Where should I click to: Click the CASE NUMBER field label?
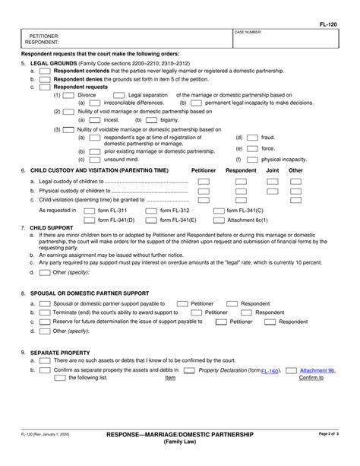(x=248, y=33)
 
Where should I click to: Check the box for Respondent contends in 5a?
(x=45, y=71)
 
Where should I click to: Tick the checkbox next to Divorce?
(x=69, y=95)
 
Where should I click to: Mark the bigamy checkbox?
(x=151, y=119)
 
